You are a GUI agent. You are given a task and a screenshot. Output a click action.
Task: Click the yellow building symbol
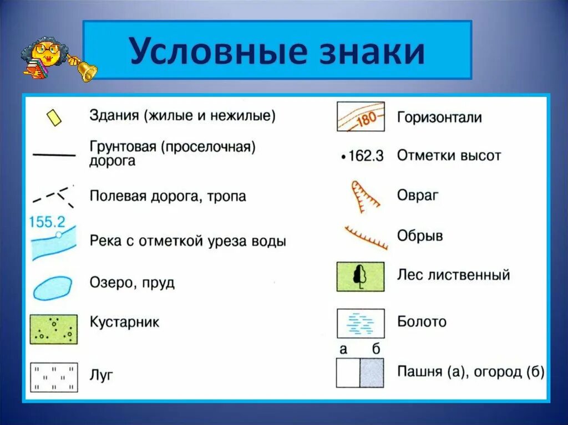[x=54, y=117]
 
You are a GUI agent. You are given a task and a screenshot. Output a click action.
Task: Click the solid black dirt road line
[x=54, y=155]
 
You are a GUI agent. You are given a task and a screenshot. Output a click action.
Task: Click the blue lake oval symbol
[x=52, y=288]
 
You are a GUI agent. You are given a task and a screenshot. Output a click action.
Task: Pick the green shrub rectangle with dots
[x=53, y=329]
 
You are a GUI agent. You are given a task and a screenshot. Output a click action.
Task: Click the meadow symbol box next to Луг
[x=53, y=377]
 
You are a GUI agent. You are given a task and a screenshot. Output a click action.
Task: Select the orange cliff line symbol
[x=366, y=238]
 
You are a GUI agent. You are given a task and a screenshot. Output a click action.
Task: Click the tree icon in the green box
[x=361, y=276]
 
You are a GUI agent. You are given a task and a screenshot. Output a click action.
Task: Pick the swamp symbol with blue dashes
[x=361, y=323]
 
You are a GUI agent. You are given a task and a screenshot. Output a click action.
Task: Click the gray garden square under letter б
[x=372, y=373]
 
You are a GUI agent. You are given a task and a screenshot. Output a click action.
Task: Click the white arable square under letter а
[x=348, y=373]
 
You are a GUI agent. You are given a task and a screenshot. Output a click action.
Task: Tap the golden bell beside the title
[x=86, y=70]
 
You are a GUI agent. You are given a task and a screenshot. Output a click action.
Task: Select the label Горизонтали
[x=439, y=117]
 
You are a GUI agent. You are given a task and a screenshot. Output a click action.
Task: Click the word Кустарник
[x=124, y=322]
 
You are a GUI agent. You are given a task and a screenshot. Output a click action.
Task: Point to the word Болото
[x=422, y=321]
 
